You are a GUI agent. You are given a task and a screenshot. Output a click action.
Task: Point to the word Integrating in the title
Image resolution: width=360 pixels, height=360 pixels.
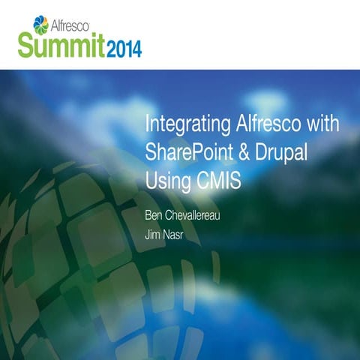coord(179,123)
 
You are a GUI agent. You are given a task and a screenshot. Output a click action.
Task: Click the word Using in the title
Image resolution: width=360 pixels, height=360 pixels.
coord(166,181)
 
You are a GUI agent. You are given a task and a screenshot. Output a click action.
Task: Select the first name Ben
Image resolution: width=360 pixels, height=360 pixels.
coord(153,215)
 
